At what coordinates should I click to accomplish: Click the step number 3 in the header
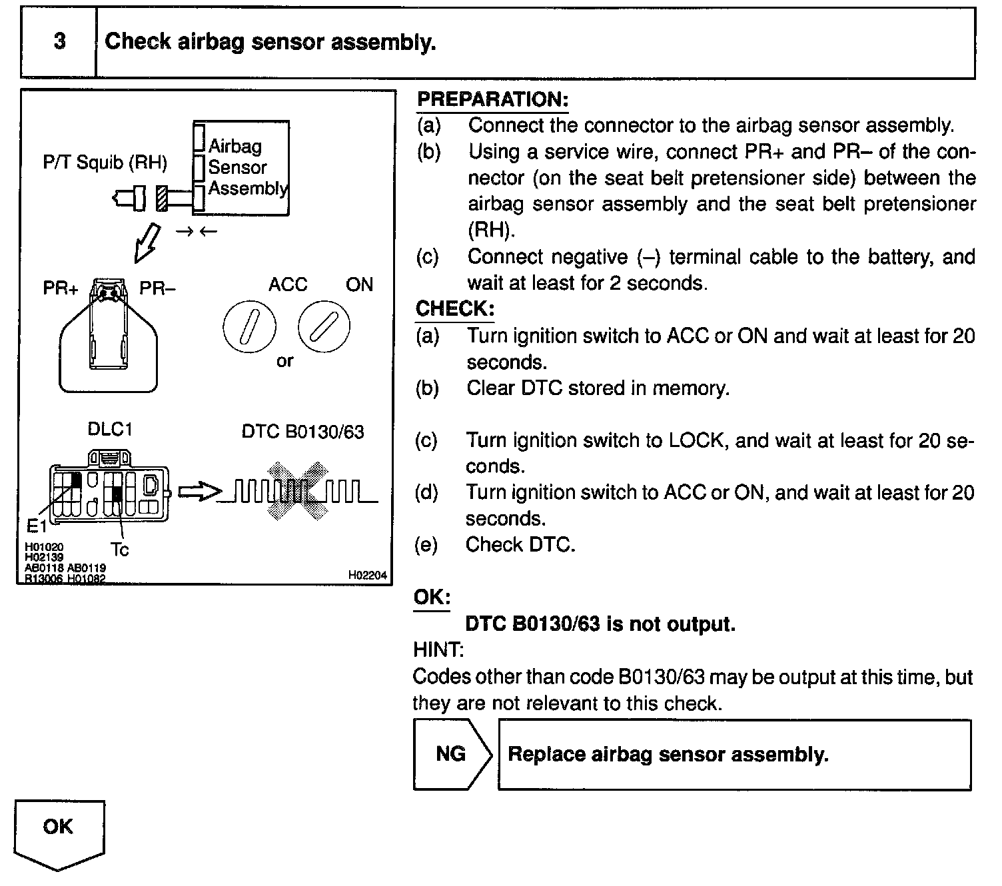point(59,42)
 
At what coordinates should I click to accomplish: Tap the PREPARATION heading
point(492,100)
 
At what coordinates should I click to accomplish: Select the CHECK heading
point(455,308)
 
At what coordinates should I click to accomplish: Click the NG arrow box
point(452,754)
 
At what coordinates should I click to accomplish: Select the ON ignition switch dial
point(324,326)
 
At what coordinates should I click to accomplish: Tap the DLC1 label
point(110,430)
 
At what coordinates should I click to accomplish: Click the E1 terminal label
point(37,527)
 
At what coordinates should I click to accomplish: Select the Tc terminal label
point(120,550)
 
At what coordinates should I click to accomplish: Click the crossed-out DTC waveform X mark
point(298,490)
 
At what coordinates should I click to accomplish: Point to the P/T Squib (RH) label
point(105,163)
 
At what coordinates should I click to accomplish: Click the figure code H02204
point(367,576)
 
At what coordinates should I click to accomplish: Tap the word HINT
point(438,650)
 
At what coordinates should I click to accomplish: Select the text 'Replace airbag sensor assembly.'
point(668,754)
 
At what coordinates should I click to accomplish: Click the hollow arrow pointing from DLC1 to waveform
point(200,492)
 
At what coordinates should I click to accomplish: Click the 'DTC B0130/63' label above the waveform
point(302,432)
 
